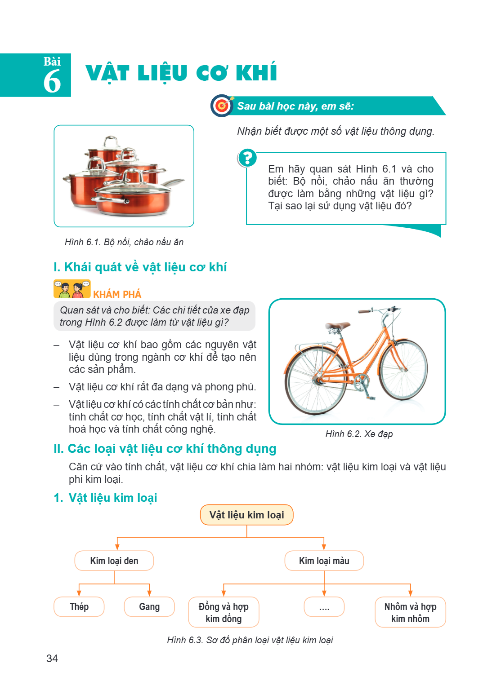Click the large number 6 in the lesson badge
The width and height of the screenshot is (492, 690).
[52, 81]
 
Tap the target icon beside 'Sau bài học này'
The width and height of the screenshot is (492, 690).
[222, 106]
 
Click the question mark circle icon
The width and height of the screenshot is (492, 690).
[247, 158]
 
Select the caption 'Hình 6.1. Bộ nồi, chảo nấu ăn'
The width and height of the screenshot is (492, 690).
[124, 242]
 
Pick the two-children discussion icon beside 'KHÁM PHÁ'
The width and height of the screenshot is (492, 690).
[72, 289]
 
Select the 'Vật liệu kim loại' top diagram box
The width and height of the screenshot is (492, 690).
[246, 515]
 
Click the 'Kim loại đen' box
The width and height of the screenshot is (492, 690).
[114, 561]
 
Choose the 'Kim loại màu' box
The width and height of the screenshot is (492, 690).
[324, 561]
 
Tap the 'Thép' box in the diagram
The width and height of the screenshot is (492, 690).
[79, 606]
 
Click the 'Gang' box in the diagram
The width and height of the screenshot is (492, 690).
[149, 606]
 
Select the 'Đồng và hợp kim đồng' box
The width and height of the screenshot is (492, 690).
[224, 612]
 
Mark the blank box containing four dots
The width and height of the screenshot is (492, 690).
[324, 606]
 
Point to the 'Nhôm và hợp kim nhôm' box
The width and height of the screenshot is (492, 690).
[410, 612]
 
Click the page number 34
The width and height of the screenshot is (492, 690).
[52, 658]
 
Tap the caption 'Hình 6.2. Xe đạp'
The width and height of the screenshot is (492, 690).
[359, 434]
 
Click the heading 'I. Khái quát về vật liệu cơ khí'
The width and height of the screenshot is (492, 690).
[140, 267]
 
